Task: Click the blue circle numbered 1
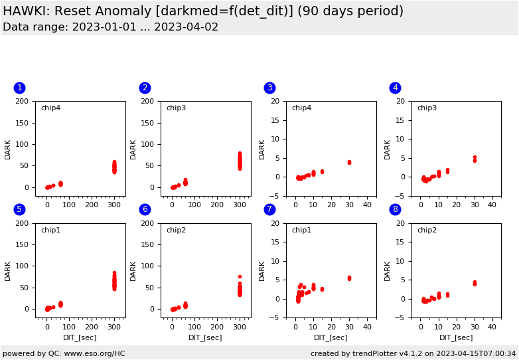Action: coord(19,88)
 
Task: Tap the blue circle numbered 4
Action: coord(395,88)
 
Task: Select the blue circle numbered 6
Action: coord(145,209)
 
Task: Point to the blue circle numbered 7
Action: coord(269,209)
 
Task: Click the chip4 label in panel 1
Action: coord(50,108)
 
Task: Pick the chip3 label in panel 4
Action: coord(427,108)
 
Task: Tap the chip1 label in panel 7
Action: coord(301,230)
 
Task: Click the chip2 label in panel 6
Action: coord(176,230)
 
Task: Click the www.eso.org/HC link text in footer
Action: coord(92,353)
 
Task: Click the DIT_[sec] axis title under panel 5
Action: coord(80,337)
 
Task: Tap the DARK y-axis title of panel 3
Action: coord(262,149)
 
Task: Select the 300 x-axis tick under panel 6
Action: coord(240,327)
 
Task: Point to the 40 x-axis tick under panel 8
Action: coord(492,327)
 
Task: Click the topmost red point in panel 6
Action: coord(240,276)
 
